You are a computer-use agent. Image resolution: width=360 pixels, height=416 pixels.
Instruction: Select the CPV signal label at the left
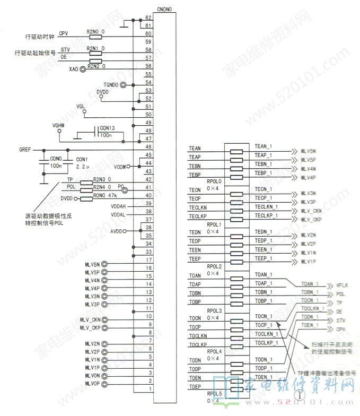click(64, 33)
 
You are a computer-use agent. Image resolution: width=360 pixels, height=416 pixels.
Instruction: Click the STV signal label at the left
click(65, 49)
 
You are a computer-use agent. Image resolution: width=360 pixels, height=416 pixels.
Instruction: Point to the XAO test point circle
click(83, 69)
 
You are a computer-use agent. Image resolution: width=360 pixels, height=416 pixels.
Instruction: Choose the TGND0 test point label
click(111, 85)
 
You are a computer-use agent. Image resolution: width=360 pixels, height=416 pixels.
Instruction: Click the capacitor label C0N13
click(107, 128)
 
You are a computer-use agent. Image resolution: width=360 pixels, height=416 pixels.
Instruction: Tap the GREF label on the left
click(25, 150)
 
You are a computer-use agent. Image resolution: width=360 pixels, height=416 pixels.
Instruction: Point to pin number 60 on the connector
click(148, 34)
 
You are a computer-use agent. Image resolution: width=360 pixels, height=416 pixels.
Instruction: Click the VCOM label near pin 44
click(120, 167)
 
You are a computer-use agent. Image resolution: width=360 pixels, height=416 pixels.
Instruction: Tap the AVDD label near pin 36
click(116, 231)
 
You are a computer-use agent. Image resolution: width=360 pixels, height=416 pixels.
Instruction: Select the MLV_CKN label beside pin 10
click(90, 319)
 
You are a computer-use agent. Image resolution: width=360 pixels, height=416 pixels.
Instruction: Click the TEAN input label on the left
click(195, 149)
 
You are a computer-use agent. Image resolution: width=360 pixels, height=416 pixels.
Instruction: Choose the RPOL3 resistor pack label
click(214, 310)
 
